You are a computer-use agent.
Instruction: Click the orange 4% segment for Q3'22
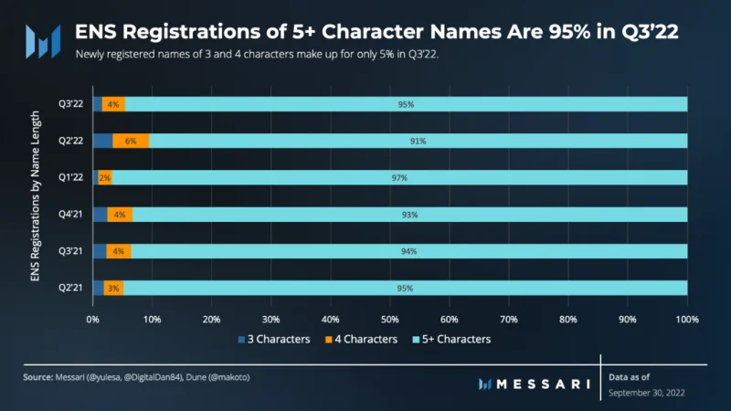tap(113, 104)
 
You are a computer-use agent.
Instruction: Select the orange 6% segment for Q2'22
tap(131, 141)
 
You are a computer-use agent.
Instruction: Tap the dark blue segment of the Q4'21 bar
tap(101, 215)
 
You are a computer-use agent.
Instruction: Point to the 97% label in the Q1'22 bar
tap(399, 177)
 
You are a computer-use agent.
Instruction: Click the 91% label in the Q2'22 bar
tap(418, 141)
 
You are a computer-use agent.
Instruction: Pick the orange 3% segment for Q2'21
tap(113, 288)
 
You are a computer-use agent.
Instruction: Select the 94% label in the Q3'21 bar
tap(408, 251)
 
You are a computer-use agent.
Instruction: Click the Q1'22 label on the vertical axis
tap(71, 177)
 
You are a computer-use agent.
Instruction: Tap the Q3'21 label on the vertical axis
tap(71, 250)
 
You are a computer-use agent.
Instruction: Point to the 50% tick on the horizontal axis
tap(390, 320)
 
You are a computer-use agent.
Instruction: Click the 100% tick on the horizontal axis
tap(687, 320)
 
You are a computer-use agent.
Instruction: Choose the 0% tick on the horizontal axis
tap(93, 320)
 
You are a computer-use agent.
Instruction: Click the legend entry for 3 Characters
tap(274, 339)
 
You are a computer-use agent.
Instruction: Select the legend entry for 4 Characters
tap(361, 339)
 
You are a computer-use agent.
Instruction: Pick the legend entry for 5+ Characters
tap(451, 339)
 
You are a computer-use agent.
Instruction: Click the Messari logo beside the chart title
tap(43, 41)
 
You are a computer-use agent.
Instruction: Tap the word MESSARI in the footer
tap(544, 384)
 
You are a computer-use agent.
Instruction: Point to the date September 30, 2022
tap(647, 393)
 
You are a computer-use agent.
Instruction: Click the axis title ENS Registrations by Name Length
tap(36, 195)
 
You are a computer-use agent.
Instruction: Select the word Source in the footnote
tap(38, 377)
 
